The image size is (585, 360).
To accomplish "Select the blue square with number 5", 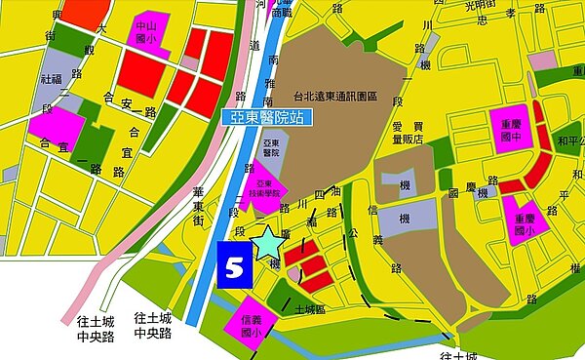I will pos(234,267).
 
